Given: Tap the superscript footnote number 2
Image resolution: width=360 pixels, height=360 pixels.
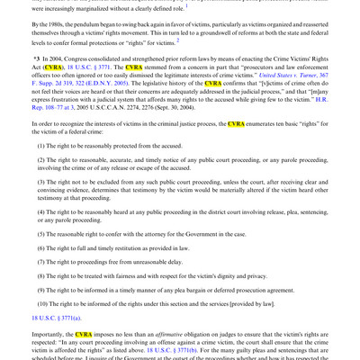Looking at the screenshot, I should (179, 40).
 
